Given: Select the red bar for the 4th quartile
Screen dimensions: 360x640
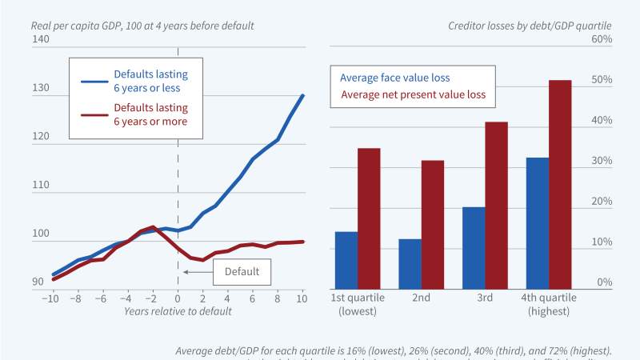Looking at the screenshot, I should tap(560, 184).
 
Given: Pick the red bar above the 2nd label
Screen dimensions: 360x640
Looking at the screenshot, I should tap(433, 224).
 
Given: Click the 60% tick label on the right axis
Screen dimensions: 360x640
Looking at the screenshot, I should tap(601, 39).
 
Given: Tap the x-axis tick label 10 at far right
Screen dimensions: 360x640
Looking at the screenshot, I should tap(302, 298).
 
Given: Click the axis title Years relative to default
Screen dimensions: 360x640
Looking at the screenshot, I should tap(178, 311).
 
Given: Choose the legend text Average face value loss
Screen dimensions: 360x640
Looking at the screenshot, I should tap(394, 78).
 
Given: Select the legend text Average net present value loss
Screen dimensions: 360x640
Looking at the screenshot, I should tap(414, 94).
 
